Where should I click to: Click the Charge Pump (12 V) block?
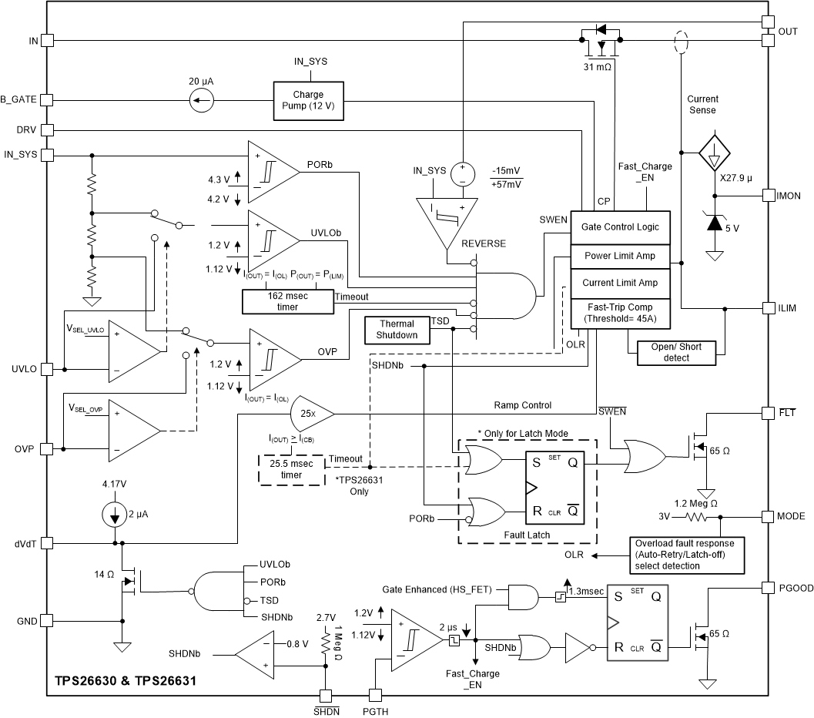308,100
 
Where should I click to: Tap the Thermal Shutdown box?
396,329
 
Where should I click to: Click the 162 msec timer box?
287,301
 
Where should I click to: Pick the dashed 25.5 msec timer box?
291,469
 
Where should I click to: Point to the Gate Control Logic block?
620,227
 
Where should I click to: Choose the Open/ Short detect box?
676,352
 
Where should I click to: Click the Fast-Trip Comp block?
620,313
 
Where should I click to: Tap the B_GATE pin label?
18,99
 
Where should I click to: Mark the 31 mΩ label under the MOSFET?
599,67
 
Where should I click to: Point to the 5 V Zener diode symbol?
714,223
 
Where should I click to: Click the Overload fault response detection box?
687,554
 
